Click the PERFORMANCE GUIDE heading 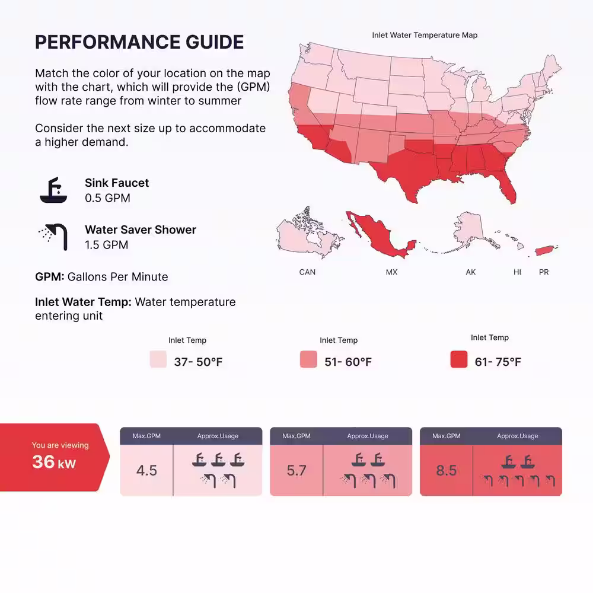pos(139,42)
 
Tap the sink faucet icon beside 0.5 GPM pos(54,190)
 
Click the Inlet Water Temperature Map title pos(425,35)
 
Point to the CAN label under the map pos(307,272)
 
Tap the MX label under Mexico pos(391,272)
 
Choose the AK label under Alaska pos(470,272)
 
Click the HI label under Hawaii pos(517,272)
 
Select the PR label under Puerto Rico pos(544,272)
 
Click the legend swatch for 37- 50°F pos(158,359)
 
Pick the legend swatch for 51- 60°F pos(308,359)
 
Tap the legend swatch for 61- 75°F pos(459,359)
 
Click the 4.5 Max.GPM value pos(146,470)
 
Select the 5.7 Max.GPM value pos(296,470)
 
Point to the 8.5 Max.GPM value pos(447,470)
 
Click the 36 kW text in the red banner pos(54,462)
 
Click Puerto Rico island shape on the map pos(545,250)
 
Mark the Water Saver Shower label pos(141,229)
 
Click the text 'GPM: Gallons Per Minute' pos(101,277)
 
